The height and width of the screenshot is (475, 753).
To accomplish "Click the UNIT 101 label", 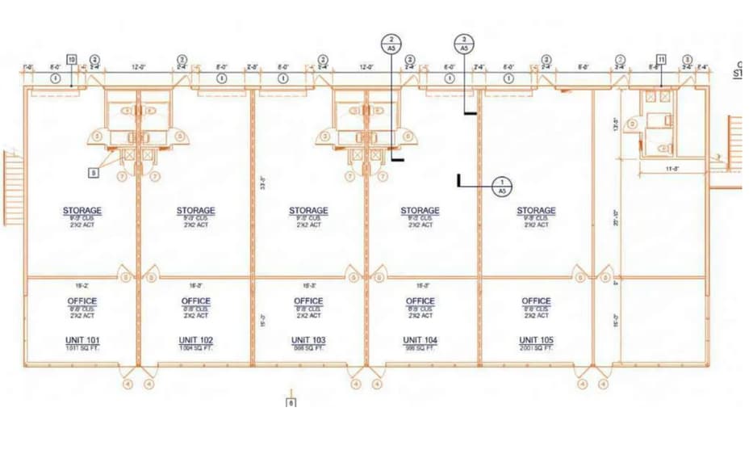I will [82, 339].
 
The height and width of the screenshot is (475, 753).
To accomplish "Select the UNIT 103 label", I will [308, 339].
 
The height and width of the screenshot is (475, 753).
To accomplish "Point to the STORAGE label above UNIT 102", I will [196, 211].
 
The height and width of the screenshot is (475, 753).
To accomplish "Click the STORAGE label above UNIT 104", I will [420, 211].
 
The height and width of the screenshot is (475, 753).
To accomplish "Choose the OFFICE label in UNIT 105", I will [536, 301].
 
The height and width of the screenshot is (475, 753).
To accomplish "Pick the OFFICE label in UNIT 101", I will [82, 301].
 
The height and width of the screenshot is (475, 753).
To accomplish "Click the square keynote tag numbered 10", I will [72, 59].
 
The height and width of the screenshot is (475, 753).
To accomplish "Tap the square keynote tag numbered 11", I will [661, 59].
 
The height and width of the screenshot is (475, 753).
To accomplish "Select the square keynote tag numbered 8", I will [291, 401].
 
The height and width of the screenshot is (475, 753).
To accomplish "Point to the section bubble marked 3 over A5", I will [463, 44].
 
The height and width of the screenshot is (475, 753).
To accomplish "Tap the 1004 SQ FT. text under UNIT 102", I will [195, 348].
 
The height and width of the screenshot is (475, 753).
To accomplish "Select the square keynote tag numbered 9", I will [94, 171].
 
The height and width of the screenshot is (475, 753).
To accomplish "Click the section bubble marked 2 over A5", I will [391, 44].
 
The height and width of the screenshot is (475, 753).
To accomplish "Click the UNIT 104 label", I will [420, 339].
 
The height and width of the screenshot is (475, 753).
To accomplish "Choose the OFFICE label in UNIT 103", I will [308, 301].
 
